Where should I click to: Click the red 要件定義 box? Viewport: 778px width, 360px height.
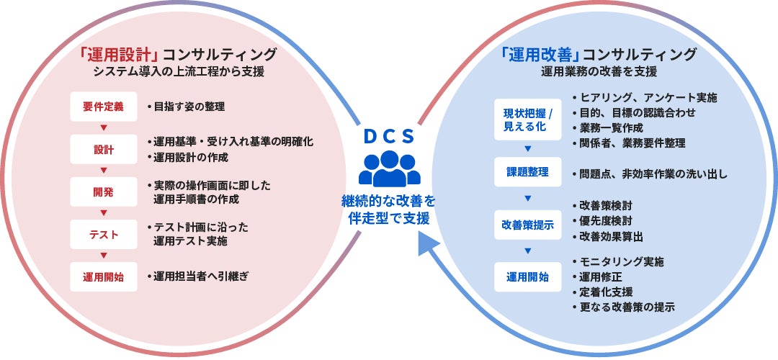pos(104,107)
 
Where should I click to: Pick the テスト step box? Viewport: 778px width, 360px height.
pos(104,234)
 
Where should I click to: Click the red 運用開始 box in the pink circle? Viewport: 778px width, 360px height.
pos(104,276)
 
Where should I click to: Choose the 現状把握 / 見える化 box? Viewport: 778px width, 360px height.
pos(527,120)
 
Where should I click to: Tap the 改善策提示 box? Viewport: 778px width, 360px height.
pos(527,224)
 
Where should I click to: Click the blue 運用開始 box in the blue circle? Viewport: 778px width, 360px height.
pos(527,276)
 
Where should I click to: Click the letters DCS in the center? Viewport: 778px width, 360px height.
pos(389,135)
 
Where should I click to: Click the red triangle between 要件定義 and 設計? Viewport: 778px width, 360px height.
pos(104,128)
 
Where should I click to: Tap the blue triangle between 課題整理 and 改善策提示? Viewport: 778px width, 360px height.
pos(527,198)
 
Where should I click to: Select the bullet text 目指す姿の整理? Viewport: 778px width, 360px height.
pos(186,107)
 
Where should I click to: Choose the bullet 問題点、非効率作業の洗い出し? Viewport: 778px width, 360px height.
pos(649,174)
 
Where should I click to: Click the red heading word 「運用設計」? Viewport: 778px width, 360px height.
pos(119,54)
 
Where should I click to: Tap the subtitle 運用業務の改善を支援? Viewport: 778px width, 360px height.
pos(599,72)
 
